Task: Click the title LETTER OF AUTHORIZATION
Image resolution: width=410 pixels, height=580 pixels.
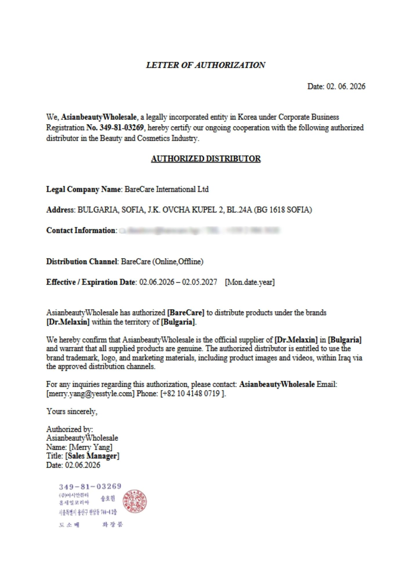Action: coord(205,65)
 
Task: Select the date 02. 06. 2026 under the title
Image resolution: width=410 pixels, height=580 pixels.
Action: coord(346,86)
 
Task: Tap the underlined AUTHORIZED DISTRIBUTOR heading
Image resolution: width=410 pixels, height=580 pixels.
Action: coord(206,159)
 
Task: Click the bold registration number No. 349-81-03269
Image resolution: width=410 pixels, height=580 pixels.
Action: coord(115,128)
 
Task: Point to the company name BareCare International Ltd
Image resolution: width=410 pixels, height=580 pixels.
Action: coord(166,189)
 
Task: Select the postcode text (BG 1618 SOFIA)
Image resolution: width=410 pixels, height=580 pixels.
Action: coord(283,210)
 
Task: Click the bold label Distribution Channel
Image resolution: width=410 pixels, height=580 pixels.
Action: coord(82,262)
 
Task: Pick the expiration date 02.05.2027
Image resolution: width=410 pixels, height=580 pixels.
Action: coord(199,282)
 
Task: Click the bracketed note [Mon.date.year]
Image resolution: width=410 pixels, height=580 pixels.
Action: coord(250,282)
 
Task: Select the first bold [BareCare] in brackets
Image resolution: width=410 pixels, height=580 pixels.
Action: coord(186,313)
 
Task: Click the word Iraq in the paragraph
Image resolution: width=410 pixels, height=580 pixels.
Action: coord(345,358)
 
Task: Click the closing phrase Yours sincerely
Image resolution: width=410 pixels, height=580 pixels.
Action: coord(72,412)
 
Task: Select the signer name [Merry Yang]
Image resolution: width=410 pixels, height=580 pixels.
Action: coord(91,447)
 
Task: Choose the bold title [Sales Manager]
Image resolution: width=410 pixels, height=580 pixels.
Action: coord(92,456)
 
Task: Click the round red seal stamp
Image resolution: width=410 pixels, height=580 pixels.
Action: coord(134,501)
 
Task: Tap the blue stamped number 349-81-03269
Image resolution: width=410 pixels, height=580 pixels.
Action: coord(90,486)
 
